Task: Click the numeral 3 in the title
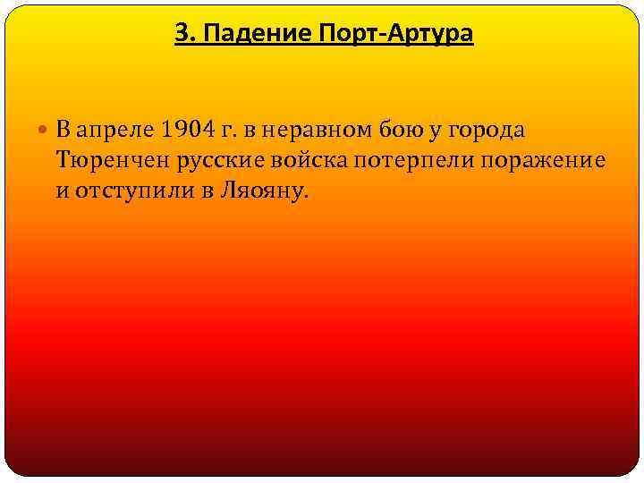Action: coord(181,34)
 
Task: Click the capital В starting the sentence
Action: coord(63,131)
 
